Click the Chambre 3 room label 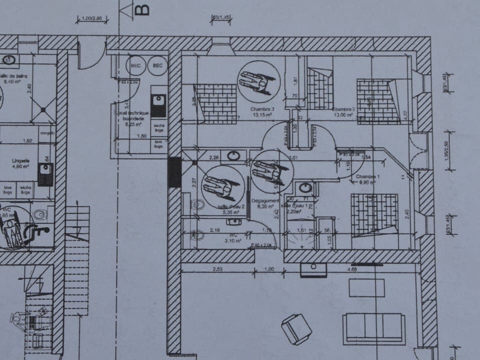[x=262, y=108]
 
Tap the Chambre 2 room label [x=343, y=108]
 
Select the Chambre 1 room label [x=368, y=177]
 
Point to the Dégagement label [x=265, y=200]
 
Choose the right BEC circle [x=158, y=65]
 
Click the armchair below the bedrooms [x=296, y=328]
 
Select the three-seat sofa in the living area [x=374, y=328]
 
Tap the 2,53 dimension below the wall [x=217, y=269]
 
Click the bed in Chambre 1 [x=374, y=214]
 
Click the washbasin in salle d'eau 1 [x=304, y=189]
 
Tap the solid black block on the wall [x=174, y=172]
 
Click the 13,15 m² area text [x=262, y=115]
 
